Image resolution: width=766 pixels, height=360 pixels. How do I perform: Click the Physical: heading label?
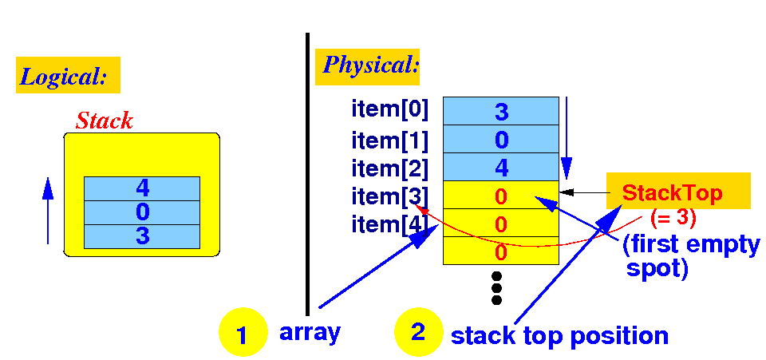coord(369,65)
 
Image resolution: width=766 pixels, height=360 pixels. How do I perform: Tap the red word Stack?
coord(104,121)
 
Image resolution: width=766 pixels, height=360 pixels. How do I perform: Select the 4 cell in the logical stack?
coord(142,189)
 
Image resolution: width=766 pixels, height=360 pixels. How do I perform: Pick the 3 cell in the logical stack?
coord(142,236)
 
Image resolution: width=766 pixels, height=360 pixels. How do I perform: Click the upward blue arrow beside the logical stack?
coord(47,210)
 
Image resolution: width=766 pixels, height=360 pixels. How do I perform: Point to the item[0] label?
coord(389,106)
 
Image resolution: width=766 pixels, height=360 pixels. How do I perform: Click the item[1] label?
coord(389,140)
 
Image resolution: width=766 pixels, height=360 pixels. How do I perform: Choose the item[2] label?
coord(389,168)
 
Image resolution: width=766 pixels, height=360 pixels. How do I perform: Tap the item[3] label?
coord(389,196)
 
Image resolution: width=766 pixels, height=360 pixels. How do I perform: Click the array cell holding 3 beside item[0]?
coord(501,111)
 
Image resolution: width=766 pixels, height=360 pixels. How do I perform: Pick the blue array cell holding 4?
coord(501,168)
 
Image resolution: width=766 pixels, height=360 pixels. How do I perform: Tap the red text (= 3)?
coord(674,217)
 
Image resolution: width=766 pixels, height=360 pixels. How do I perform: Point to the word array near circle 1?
coord(310,332)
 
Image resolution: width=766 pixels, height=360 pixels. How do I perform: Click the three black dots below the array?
coord(496,287)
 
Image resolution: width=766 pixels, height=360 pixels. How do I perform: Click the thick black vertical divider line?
coord(307,176)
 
